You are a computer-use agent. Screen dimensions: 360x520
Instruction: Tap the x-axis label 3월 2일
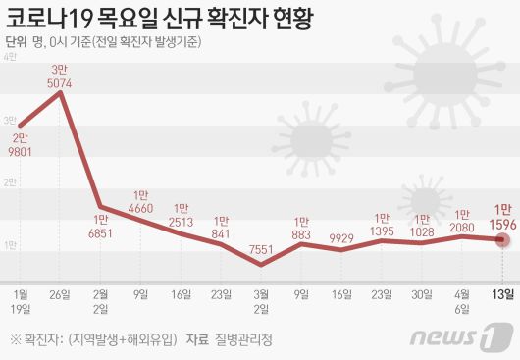262,300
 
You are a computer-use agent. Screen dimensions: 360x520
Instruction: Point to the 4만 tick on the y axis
9,59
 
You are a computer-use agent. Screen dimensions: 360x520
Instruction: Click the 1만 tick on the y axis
9,244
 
